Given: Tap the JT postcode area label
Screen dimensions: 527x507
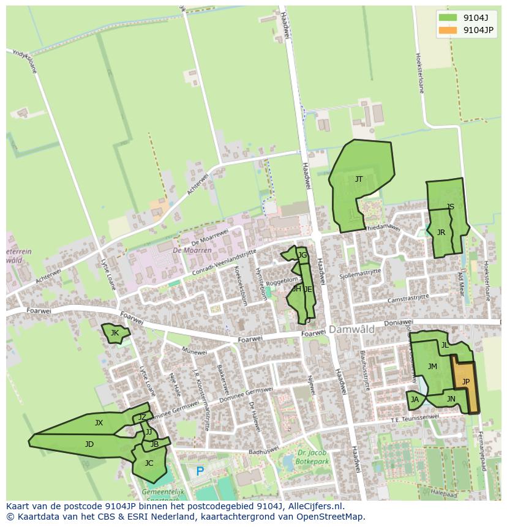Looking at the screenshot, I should coord(359,179).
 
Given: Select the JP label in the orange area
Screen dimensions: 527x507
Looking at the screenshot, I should coord(466,382).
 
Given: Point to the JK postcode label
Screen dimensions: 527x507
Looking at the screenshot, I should coord(115,333).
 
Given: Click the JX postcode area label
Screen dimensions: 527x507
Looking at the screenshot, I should coord(99,423).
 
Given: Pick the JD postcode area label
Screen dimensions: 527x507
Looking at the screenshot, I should coord(89,444).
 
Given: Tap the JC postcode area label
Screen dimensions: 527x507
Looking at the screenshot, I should coord(149,463).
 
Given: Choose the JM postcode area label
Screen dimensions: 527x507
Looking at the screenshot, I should coord(432,367).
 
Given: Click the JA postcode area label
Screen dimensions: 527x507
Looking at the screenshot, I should coord(415,400).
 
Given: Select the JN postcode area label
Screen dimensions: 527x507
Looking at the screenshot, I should coord(451,400).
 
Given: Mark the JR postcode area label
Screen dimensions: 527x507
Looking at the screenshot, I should coord(441,233).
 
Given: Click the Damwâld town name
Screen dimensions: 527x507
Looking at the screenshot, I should coord(351,329).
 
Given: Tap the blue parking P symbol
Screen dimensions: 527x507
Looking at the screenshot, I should coord(200,472).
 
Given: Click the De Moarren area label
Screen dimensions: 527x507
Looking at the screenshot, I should coord(192,250).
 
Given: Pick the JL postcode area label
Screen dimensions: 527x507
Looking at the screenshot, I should coord(445,345).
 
